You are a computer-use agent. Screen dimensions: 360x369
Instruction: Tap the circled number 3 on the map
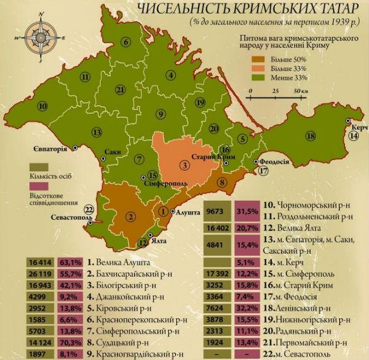point(183,164)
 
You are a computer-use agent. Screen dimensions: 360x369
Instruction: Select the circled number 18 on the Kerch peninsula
point(311,135)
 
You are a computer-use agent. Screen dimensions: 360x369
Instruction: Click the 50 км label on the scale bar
point(301,90)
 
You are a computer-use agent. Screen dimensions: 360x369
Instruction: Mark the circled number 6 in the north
point(126,42)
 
